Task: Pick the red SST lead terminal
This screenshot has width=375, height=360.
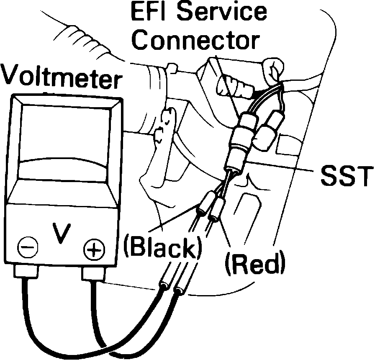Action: point(216,211)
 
